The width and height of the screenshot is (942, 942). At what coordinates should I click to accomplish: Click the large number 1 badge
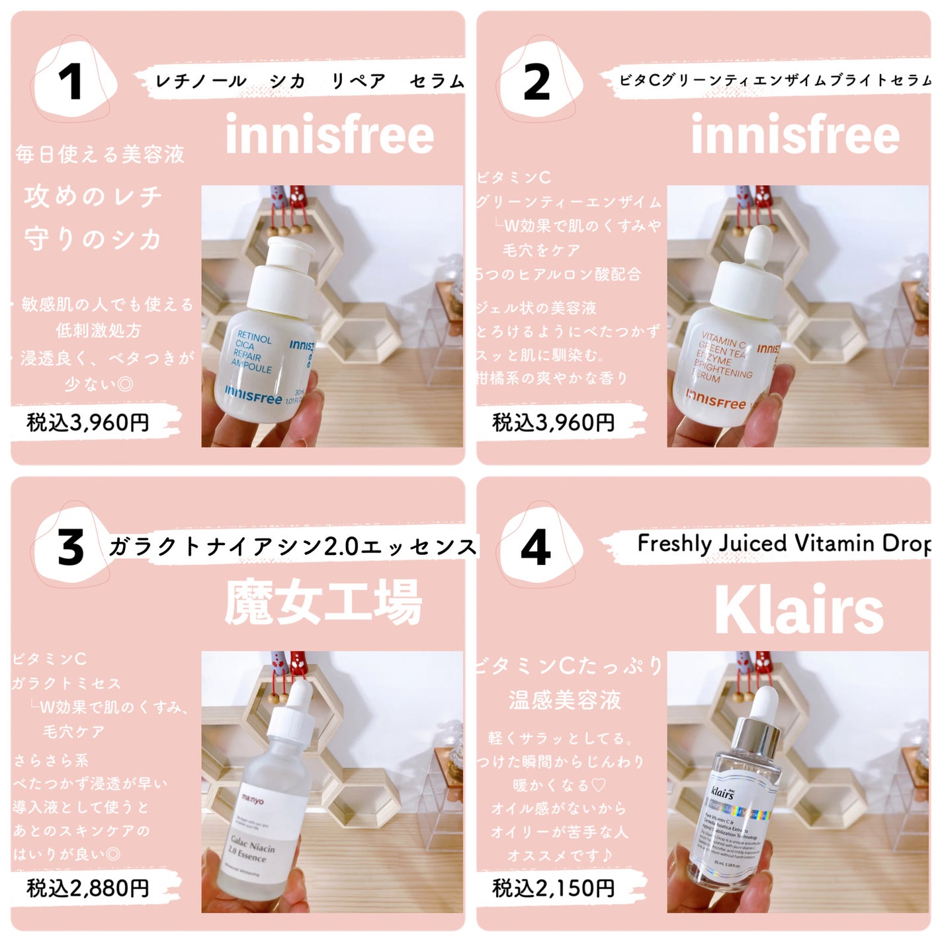(71, 83)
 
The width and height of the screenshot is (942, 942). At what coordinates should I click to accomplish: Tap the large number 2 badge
(536, 83)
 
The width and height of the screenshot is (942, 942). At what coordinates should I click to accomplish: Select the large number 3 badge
(71, 548)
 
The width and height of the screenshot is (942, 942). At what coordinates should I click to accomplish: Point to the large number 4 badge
(536, 548)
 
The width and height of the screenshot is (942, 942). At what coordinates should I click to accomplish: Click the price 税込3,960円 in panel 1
(88, 422)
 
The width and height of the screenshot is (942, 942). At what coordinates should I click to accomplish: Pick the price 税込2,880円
(88, 888)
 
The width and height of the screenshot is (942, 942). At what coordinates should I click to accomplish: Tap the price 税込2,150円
(554, 888)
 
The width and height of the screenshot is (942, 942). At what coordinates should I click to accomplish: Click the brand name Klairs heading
(798, 610)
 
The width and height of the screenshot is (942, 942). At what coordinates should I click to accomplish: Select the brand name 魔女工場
(323, 602)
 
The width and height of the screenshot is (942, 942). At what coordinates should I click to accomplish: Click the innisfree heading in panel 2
(795, 135)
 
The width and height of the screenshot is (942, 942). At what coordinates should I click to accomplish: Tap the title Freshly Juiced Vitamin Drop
(784, 544)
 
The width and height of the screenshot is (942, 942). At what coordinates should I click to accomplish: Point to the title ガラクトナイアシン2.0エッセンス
(292, 547)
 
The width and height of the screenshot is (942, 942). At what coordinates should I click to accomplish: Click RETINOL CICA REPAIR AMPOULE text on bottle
(253, 353)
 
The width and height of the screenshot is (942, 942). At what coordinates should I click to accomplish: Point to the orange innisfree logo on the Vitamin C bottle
(716, 400)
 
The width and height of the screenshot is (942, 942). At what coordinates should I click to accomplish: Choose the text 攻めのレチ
(93, 196)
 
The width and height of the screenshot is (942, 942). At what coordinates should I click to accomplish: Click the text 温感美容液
(565, 699)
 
